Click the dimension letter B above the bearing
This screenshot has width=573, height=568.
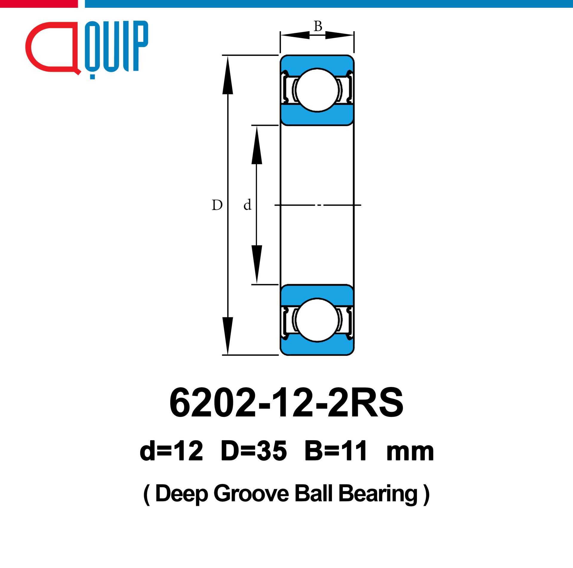pos(318,26)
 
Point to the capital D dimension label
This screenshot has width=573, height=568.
pos(217,205)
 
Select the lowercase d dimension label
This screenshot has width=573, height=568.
pos(247,205)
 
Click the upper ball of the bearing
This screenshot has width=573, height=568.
pos(317,90)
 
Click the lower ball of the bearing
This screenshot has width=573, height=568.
pos(317,320)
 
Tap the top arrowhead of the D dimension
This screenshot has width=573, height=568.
pos(228,75)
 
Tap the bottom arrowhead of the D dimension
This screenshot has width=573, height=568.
pos(228,336)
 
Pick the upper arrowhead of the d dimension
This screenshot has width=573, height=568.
pos(257,145)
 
